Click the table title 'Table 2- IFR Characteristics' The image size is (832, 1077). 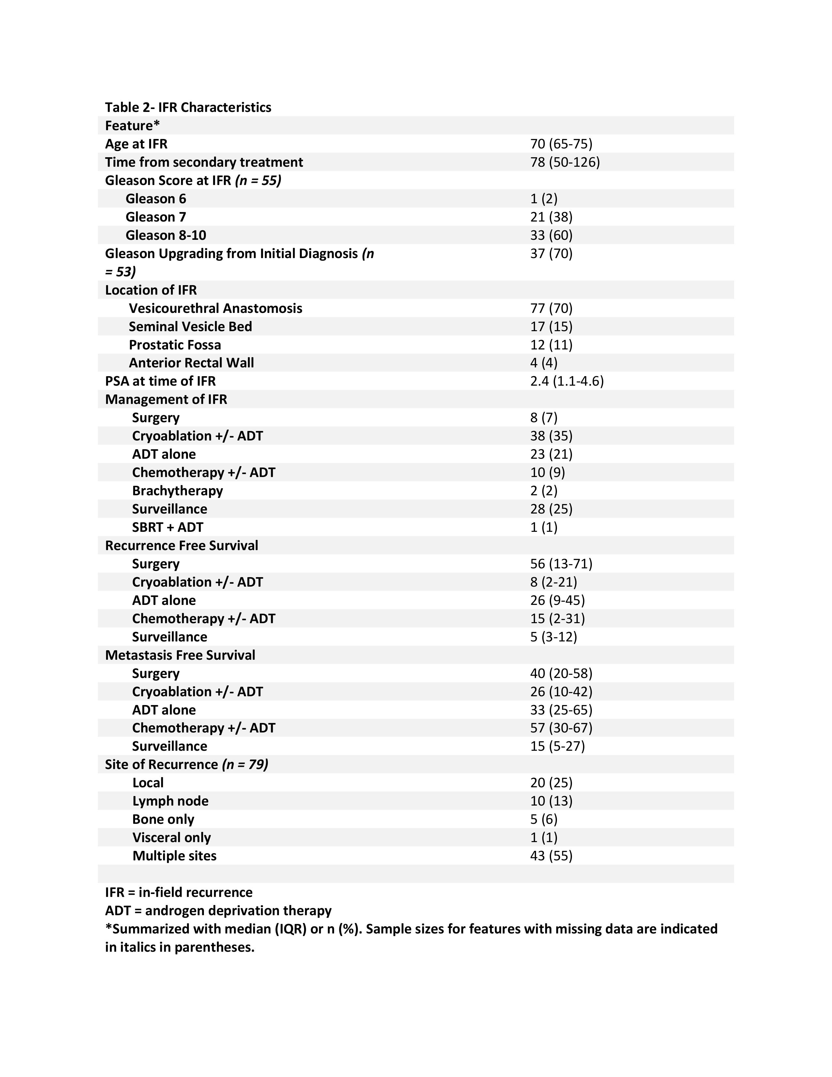[188, 107]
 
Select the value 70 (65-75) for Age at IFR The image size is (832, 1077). [561, 144]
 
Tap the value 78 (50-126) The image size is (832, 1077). [565, 162]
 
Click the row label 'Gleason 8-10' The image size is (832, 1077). [166, 235]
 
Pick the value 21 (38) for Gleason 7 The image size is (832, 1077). [551, 217]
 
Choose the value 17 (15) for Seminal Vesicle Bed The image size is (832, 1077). [551, 327]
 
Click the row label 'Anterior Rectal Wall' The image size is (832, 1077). [191, 363]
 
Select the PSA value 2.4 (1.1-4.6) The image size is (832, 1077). [567, 381]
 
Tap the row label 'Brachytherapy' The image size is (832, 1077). [177, 491]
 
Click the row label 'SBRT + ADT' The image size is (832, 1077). [167, 527]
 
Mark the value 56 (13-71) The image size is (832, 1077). [561, 564]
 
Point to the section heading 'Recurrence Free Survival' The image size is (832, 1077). [181, 546]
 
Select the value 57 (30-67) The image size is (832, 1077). [561, 728]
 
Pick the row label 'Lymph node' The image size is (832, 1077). [170, 801]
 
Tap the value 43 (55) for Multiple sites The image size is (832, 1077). [551, 855]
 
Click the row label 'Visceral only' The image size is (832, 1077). [171, 837]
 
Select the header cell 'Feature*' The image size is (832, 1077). [132, 126]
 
